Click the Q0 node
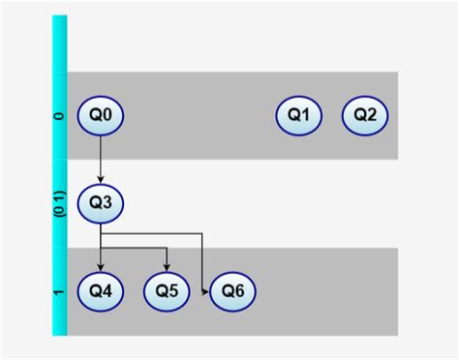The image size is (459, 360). [101, 115]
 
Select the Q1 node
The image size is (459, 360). [299, 115]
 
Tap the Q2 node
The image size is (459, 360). [365, 115]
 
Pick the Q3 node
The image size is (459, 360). [101, 203]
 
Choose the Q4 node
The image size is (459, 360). [101, 291]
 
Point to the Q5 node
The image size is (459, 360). [167, 291]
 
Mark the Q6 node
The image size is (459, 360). [232, 291]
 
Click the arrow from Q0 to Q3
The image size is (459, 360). [101, 159]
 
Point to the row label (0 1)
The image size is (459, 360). [59, 203]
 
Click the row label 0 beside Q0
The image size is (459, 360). [59, 116]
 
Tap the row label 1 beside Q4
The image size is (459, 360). [59, 291]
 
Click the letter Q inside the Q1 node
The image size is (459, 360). [293, 115]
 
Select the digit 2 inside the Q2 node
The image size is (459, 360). [372, 115]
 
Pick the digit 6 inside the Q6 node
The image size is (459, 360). [239, 291]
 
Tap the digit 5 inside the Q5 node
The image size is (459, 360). [173, 291]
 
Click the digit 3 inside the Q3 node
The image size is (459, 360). [107, 203]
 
